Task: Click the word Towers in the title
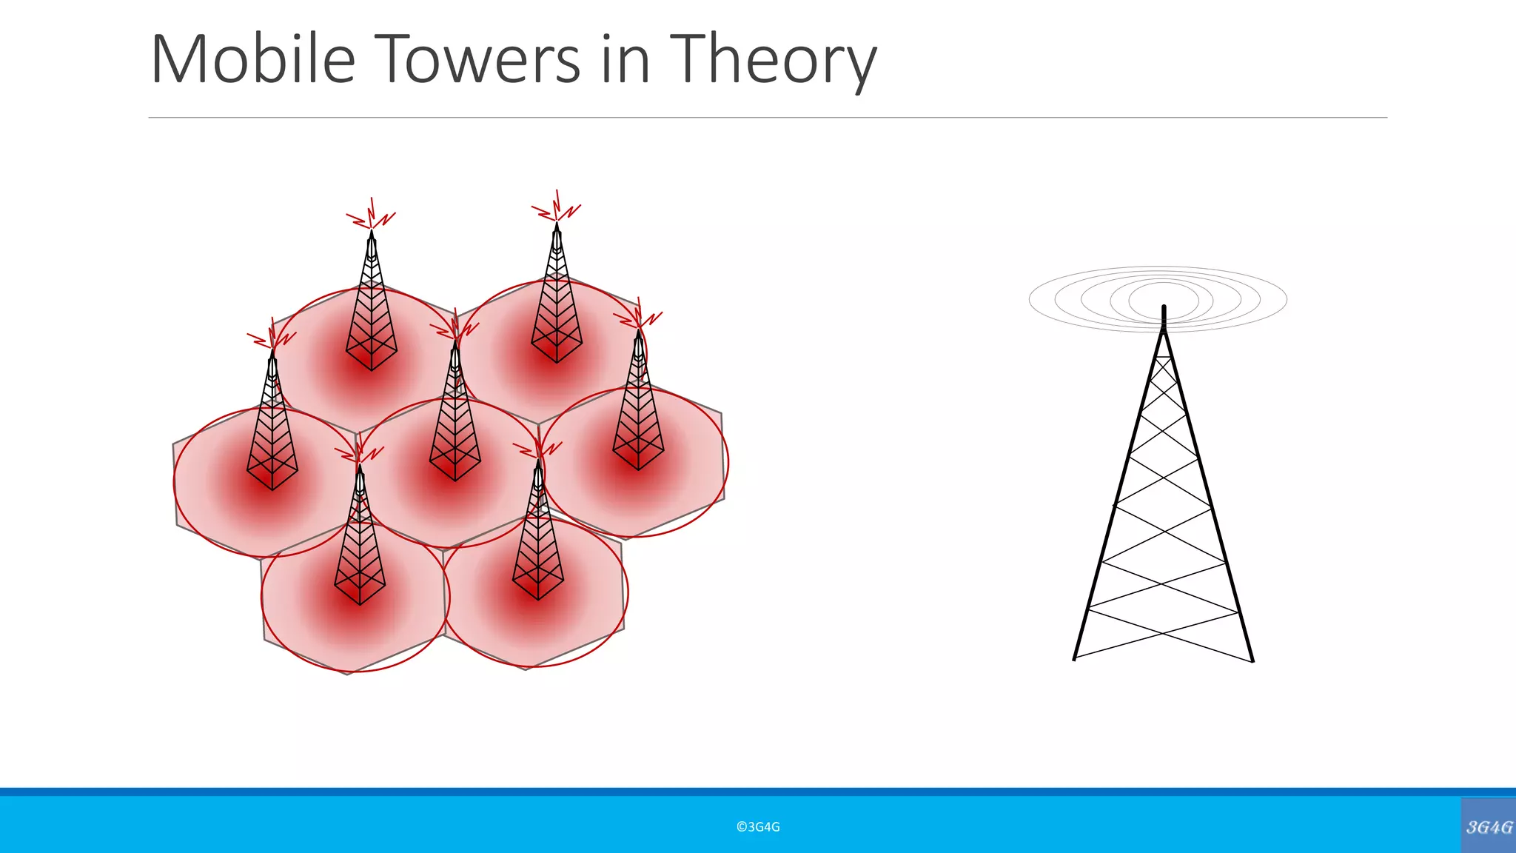coord(480,59)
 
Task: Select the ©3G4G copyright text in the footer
coord(758,827)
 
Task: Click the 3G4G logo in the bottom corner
coord(1489,826)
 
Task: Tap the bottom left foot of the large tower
coord(1074,658)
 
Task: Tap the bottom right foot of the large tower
coord(1252,660)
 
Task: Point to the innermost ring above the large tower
coord(1163,298)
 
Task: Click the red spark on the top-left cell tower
coord(372,215)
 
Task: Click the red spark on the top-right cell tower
coord(557,207)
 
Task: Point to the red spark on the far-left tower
coord(272,338)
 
